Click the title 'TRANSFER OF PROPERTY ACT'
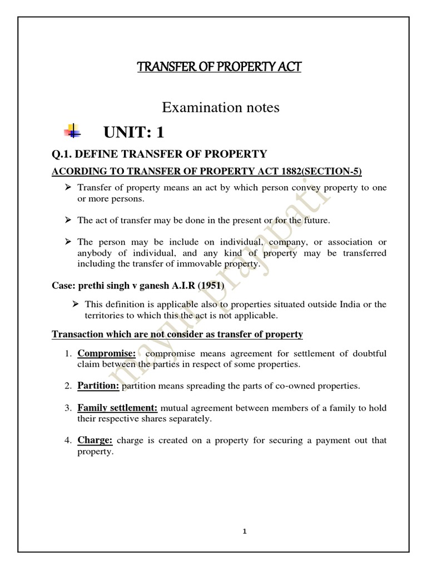click(x=220, y=67)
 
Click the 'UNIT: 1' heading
click(x=133, y=133)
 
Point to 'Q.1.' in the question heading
click(x=62, y=154)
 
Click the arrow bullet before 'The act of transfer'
click(x=68, y=220)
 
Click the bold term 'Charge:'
click(x=95, y=440)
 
